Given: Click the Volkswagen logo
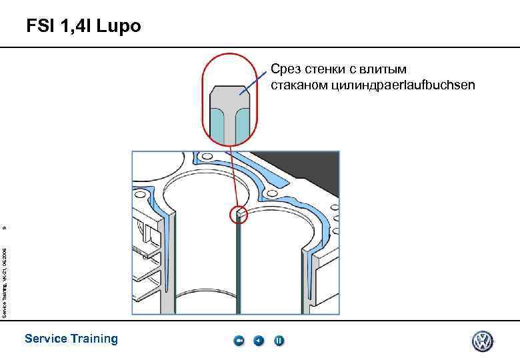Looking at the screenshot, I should (x=483, y=341).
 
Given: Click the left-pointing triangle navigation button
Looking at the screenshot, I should (x=259, y=341).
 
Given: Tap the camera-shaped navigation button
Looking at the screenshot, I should (x=239, y=341).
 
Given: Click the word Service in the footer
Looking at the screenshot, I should (x=45, y=339).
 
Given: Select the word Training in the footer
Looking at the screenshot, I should (x=93, y=339).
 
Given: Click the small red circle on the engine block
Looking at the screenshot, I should (x=238, y=214).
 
